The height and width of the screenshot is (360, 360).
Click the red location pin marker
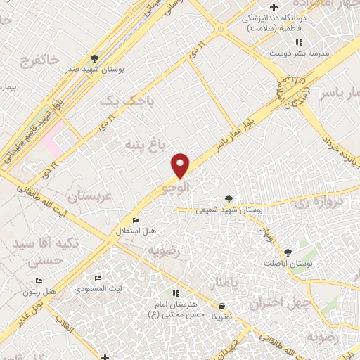[x=181, y=165]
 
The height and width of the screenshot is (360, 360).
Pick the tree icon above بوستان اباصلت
[x=287, y=252]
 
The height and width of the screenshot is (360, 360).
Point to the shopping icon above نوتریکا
[x=222, y=307]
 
